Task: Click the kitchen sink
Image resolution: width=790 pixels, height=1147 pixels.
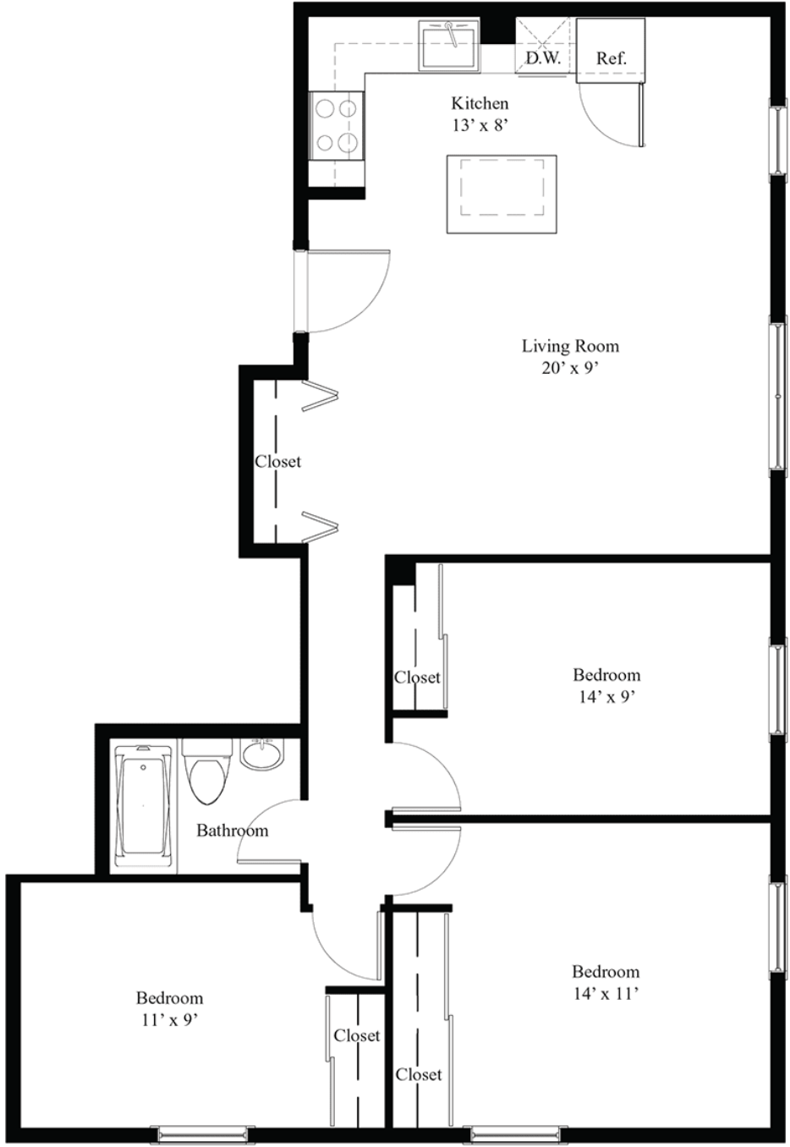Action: click(x=449, y=45)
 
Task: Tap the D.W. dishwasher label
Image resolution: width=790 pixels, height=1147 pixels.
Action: click(x=544, y=58)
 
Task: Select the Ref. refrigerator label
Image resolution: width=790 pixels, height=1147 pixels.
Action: click(x=612, y=58)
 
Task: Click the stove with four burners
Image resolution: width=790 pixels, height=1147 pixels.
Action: click(x=337, y=126)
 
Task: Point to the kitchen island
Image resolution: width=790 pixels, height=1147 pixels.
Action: click(x=502, y=195)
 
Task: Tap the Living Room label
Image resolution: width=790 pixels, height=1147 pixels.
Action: click(x=570, y=346)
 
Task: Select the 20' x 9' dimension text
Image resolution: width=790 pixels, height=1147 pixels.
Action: click(x=570, y=368)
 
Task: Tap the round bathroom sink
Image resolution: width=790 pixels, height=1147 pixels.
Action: click(x=261, y=754)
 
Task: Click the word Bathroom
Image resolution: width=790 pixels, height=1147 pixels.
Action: click(x=233, y=830)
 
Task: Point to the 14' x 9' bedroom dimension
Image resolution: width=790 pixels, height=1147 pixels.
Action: click(x=606, y=697)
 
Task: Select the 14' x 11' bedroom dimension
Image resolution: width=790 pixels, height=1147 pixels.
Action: click(x=606, y=993)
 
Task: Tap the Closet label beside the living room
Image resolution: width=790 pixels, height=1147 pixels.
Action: click(x=278, y=461)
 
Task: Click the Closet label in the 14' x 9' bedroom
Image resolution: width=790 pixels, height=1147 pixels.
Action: click(x=417, y=678)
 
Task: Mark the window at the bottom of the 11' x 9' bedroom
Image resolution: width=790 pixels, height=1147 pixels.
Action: click(x=202, y=1133)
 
